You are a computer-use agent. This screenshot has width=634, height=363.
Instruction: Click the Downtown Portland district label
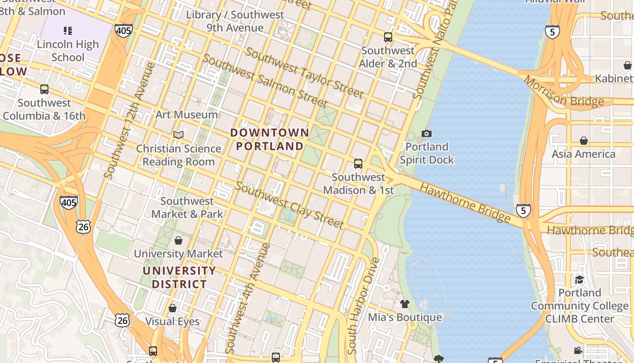tap(270, 139)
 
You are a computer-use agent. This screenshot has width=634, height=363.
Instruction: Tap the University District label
tap(179, 278)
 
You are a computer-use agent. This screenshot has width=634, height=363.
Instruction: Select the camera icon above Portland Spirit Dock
tap(426, 133)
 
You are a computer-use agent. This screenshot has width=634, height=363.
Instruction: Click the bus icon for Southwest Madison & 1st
tap(358, 164)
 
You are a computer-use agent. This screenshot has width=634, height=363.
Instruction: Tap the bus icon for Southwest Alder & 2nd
tap(388, 37)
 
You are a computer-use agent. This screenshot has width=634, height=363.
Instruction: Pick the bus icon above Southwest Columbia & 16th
tap(44, 89)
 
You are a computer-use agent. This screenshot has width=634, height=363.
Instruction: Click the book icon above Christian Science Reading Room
tap(178, 135)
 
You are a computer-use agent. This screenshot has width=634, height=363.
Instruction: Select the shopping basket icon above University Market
tap(178, 240)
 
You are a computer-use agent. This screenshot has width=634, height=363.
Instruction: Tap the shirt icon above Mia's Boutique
tap(404, 304)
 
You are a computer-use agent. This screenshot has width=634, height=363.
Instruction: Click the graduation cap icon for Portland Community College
tap(579, 279)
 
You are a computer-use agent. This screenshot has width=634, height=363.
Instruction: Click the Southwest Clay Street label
tap(289, 205)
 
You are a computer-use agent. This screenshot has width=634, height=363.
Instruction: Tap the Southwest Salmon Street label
tap(264, 80)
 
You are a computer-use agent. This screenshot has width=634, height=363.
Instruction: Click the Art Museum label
tap(187, 114)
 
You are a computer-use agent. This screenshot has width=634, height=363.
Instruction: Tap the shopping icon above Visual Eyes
tap(173, 309)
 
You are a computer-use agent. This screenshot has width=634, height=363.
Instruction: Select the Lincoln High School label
tap(68, 51)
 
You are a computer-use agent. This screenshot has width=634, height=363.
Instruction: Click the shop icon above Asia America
tap(584, 141)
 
